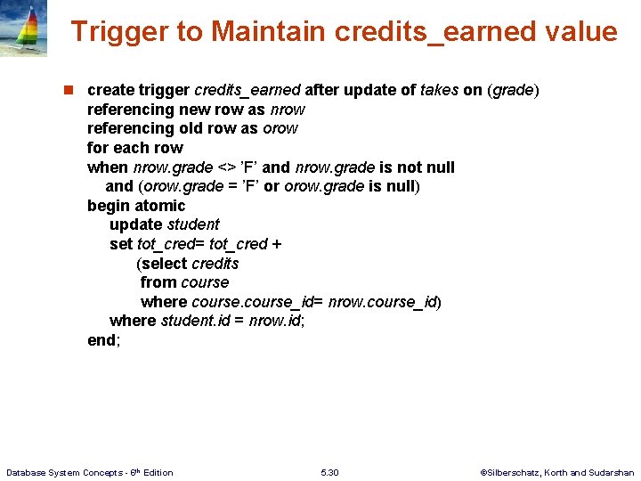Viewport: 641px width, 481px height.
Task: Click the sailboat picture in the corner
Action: tap(23, 29)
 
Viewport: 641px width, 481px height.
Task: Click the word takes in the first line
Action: tap(440, 90)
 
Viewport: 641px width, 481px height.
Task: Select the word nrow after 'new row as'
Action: tap(286, 110)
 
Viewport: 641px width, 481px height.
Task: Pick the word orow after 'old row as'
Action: tap(280, 128)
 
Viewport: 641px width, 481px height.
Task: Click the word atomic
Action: tap(160, 206)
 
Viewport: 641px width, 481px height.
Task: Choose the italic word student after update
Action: tap(193, 224)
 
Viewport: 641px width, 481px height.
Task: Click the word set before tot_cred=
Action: tap(121, 244)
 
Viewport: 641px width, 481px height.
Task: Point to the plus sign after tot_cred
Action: tap(277, 244)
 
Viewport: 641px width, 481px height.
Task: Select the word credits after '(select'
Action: tap(215, 264)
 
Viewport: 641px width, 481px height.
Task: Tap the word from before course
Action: tap(158, 282)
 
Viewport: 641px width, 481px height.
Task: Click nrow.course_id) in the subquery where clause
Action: tap(385, 302)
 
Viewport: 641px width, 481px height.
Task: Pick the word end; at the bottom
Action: tap(103, 340)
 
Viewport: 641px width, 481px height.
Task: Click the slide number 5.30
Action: tap(329, 472)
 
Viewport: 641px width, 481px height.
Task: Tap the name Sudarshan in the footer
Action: tap(612, 472)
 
